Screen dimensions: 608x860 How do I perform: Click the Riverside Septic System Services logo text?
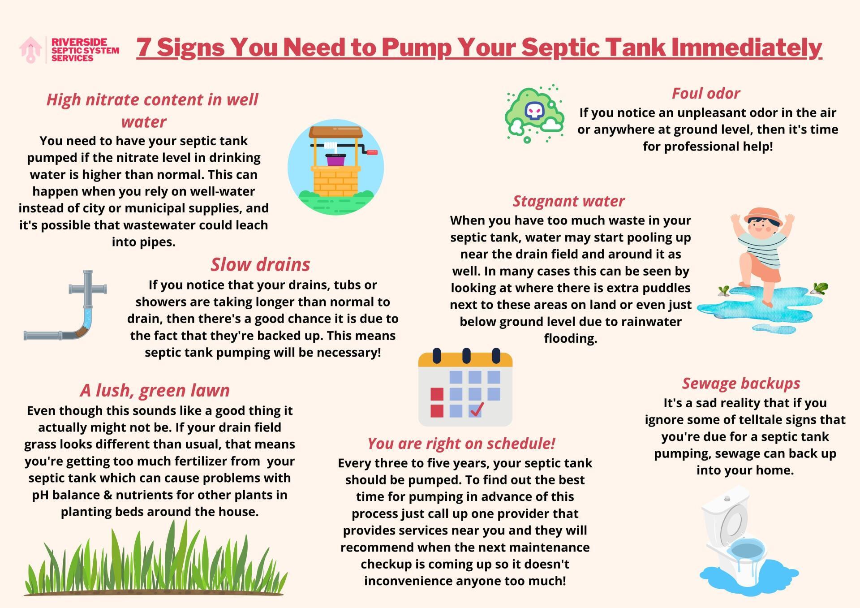tap(85, 50)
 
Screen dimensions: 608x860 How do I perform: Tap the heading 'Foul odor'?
tap(705, 93)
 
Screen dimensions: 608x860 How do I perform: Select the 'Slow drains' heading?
tap(260, 264)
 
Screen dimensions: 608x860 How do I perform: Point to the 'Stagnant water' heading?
tap(568, 201)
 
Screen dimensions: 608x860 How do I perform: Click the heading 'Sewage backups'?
tap(741, 383)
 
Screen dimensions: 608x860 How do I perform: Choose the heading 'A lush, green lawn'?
tap(155, 390)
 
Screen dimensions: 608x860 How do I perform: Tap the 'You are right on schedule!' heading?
tap(461, 443)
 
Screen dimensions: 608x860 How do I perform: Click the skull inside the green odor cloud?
tap(534, 110)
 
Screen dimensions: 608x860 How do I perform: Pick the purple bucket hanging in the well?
tap(336, 160)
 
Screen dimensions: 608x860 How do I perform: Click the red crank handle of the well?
tap(372, 152)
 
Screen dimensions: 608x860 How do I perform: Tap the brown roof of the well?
tap(335, 132)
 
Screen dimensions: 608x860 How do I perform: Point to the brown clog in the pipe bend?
tap(82, 332)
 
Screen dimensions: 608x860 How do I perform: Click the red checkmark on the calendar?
tap(477, 409)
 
